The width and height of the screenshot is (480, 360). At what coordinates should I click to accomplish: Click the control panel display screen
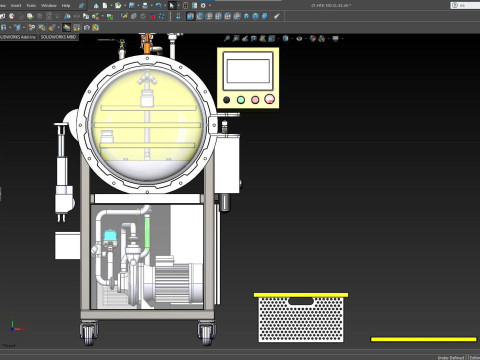tap(249, 70)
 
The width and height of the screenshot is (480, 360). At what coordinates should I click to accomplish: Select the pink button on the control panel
tap(254, 99)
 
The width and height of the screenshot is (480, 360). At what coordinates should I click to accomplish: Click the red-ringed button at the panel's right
tap(268, 99)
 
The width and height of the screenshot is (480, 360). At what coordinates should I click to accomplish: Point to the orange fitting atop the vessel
tap(148, 45)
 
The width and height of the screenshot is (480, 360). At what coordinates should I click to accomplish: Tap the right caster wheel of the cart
tap(206, 329)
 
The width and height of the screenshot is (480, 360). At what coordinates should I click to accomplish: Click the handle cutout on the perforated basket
tap(300, 302)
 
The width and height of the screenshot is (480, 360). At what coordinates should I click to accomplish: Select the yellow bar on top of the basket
tap(300, 294)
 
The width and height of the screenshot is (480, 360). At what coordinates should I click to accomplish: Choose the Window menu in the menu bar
tap(48, 5)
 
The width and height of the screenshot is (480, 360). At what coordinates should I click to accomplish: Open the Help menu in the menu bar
tap(66, 5)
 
